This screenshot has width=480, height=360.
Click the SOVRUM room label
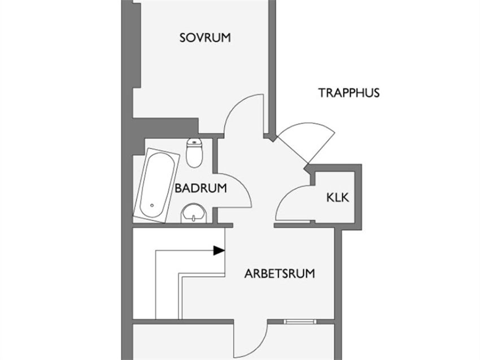(205, 38)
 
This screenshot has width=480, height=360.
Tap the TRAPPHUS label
(348, 93)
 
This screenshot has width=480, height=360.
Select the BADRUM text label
(200, 188)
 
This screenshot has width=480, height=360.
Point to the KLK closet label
(338, 198)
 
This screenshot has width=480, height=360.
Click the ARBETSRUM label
(280, 274)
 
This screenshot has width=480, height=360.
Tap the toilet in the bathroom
(194, 153)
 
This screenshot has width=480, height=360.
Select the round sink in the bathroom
(195, 214)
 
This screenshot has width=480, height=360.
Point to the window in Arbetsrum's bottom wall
(301, 322)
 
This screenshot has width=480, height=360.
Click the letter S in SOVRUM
(183, 38)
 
